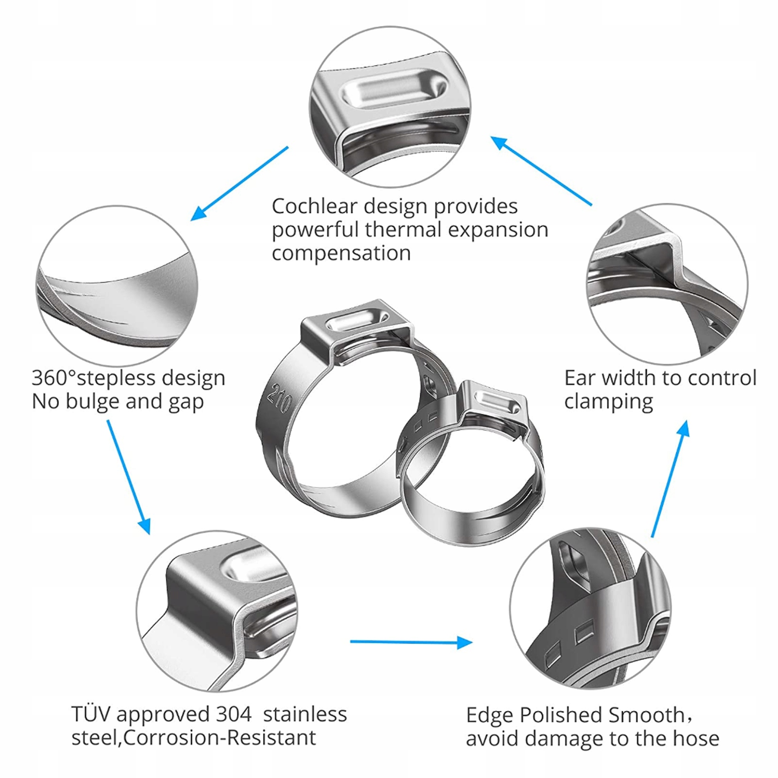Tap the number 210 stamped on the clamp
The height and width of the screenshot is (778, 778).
(x=280, y=398)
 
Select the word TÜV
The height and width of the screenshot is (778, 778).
(x=91, y=714)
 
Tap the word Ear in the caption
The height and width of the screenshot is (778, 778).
(x=580, y=378)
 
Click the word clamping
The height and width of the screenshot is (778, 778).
(x=608, y=402)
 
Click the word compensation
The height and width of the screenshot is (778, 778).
(x=341, y=253)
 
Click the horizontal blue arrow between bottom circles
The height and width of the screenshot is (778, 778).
(x=411, y=642)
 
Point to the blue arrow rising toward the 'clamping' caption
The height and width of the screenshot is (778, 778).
(x=671, y=478)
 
